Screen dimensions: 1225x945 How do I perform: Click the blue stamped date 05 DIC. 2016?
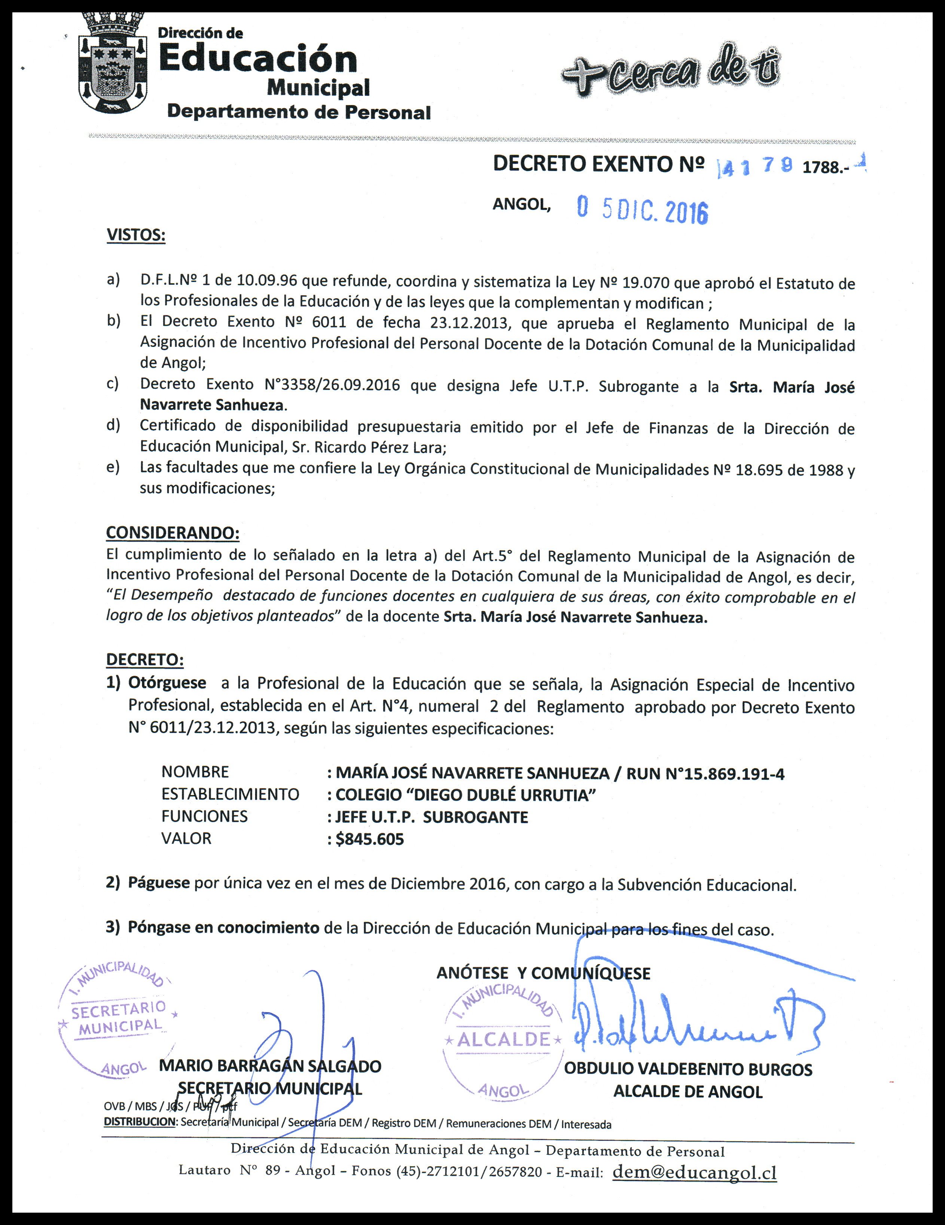[x=643, y=211]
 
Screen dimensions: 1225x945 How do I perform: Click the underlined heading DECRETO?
[x=145, y=660]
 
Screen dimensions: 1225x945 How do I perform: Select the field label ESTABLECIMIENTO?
[x=230, y=794]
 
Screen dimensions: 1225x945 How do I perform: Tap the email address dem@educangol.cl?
[x=695, y=1172]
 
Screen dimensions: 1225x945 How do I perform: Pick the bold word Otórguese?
[x=167, y=683]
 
